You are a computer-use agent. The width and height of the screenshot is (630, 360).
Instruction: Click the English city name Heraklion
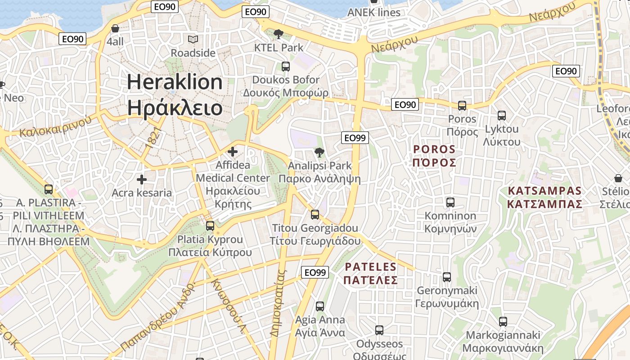(x=175, y=82)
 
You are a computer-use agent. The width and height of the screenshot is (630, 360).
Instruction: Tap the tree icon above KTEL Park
(x=279, y=34)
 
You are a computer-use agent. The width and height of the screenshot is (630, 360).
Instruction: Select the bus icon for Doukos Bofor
(x=286, y=67)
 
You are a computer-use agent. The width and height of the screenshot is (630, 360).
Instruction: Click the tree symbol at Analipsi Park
(x=319, y=152)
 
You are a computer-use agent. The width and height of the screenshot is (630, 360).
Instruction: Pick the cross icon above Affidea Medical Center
(x=233, y=152)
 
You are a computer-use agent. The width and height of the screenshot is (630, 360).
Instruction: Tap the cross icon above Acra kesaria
(x=142, y=180)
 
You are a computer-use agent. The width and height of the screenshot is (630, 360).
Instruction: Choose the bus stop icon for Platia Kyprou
(x=210, y=225)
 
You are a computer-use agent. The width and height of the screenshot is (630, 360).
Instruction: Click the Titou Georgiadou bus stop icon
(x=315, y=214)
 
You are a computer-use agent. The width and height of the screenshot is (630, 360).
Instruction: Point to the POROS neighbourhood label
(x=434, y=149)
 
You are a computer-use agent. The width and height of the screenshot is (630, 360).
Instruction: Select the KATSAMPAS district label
(x=544, y=191)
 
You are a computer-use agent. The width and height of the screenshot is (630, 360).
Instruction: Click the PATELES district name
(x=371, y=267)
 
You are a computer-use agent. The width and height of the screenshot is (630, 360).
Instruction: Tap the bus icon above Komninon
(x=450, y=202)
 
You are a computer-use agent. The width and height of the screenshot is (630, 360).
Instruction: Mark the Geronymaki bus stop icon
(x=447, y=277)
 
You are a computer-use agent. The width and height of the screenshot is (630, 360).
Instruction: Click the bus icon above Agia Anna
(x=320, y=306)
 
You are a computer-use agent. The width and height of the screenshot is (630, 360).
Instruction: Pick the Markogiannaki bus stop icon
(x=503, y=322)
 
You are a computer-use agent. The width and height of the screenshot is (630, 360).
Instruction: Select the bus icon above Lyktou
(x=502, y=116)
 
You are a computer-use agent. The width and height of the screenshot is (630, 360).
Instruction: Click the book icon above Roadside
(x=193, y=40)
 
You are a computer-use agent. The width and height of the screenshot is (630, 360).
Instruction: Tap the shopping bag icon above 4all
(x=115, y=28)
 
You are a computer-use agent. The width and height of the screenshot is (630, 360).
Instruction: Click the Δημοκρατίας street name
(x=278, y=303)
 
